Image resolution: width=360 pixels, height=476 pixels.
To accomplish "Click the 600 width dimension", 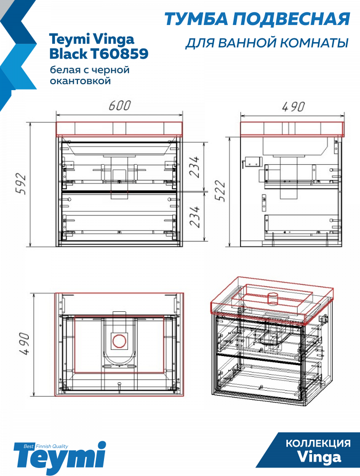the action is point(119,106).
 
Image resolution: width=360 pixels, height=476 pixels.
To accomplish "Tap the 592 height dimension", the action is point(21,184).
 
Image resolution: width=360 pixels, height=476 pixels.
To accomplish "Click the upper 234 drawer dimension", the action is point(195,167).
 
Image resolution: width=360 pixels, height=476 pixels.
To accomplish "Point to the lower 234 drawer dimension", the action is point(195,217).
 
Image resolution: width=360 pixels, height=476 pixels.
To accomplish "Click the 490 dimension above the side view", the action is point(293,107).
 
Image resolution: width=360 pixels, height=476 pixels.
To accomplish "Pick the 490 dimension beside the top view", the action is point(25,344).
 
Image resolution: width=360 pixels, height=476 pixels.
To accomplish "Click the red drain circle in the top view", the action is point(119,341).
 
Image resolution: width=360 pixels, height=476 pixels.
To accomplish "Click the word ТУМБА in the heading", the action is point(196,19).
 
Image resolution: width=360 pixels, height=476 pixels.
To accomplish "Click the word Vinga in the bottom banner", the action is point(319,457).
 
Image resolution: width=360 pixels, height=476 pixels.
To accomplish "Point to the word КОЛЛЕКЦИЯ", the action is point(318,443).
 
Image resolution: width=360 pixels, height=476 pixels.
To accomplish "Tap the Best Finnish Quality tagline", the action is point(46,446).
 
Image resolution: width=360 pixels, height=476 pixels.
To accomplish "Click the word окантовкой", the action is point(80,81).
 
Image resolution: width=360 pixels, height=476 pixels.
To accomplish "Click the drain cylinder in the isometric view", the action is point(273,300).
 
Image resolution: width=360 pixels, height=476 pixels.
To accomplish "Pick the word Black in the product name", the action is point(68,54).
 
